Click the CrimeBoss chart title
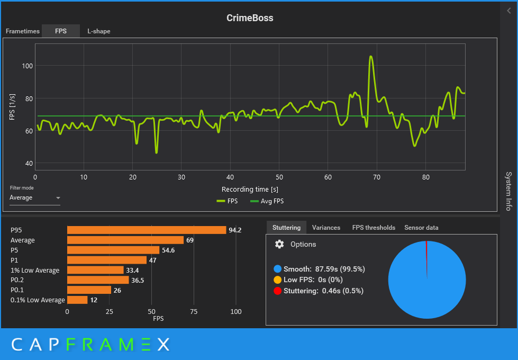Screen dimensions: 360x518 pos(250,18)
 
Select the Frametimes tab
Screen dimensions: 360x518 pos(22,31)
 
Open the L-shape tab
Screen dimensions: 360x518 pos(99,31)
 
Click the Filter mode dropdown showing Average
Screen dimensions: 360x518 pos(35,198)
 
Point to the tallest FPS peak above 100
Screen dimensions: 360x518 pos(371,57)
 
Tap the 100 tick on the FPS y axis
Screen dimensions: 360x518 pos(27,66)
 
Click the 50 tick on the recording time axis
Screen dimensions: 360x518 pos(279,177)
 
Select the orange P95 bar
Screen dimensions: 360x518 pos(147,230)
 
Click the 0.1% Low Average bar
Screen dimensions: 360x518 pos(77,300)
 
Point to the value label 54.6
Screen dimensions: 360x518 pos(168,250)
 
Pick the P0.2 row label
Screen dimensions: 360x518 pos(18,280)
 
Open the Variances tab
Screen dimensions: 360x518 pos(326,228)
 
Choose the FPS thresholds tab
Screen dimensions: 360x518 pos(374,228)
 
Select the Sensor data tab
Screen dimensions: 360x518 pos(421,228)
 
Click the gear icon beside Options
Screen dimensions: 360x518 pos(279,244)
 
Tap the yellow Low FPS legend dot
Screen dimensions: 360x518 pos(277,280)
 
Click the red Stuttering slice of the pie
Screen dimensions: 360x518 pos(426,254)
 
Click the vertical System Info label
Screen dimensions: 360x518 pos(508,191)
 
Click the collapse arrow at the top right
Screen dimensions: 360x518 pos(509,11)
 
